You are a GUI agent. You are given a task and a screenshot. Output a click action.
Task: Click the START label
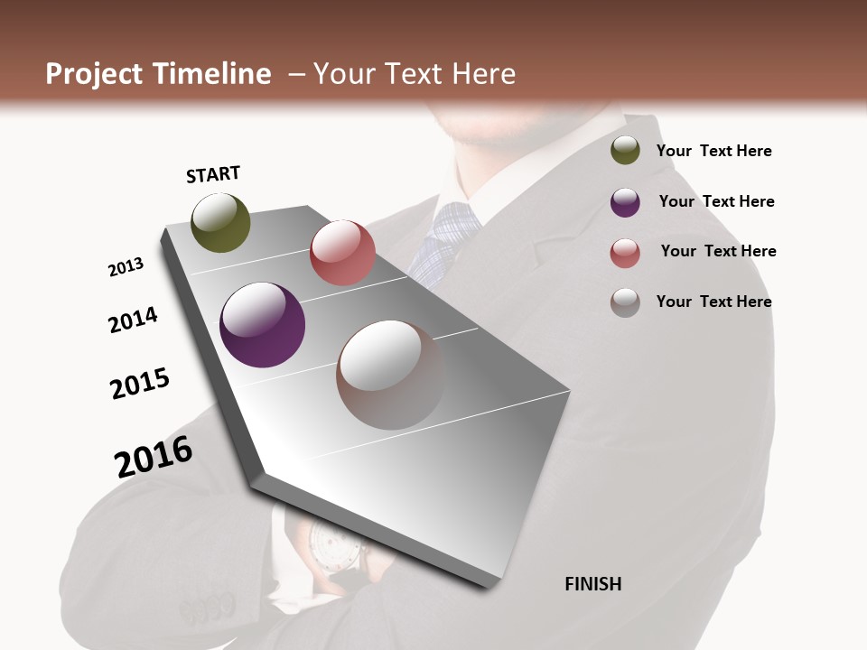[213, 174]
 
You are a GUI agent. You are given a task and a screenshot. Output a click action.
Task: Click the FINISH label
[593, 584]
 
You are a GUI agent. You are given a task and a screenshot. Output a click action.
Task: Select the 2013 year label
[126, 267]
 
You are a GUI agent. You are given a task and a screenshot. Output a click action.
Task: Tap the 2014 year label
[134, 320]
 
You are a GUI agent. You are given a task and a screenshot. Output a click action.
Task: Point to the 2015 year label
[140, 384]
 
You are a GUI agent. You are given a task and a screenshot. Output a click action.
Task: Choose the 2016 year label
[154, 456]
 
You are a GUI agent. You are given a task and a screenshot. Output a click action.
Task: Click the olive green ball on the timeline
[221, 223]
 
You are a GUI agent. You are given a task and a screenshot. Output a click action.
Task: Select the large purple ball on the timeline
[263, 325]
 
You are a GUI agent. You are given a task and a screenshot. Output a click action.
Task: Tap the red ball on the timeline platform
[342, 253]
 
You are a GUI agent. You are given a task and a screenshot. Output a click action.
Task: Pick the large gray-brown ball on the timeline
[391, 375]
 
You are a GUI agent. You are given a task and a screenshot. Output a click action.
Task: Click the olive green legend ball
[625, 151]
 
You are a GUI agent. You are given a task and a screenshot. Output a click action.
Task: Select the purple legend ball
[625, 202]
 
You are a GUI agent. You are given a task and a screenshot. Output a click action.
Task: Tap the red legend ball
[625, 253]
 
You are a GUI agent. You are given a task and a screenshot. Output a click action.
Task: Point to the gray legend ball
[625, 302]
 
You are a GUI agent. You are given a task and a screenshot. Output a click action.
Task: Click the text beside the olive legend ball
[713, 152]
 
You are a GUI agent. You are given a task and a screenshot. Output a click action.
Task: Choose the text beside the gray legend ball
[713, 302]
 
